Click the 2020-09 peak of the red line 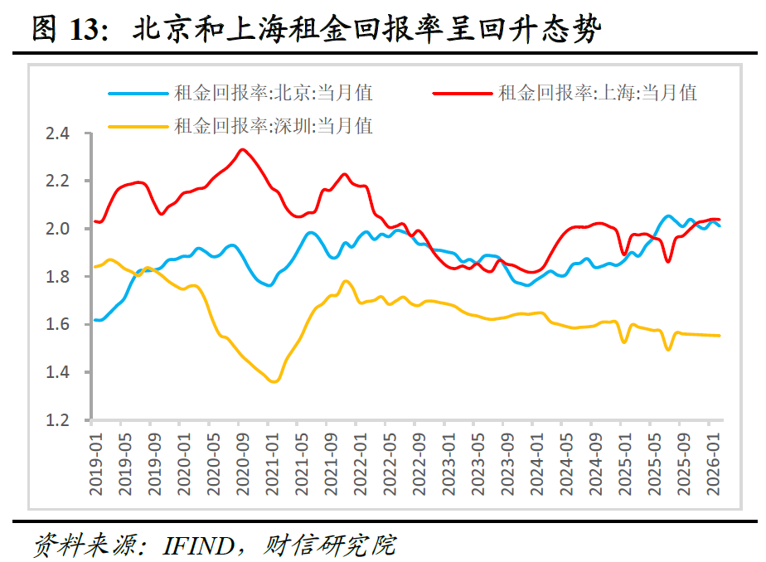[241, 150]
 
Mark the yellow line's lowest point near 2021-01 [274, 381]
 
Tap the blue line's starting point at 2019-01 [96, 319]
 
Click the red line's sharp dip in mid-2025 [667, 262]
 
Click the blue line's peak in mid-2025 [669, 216]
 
